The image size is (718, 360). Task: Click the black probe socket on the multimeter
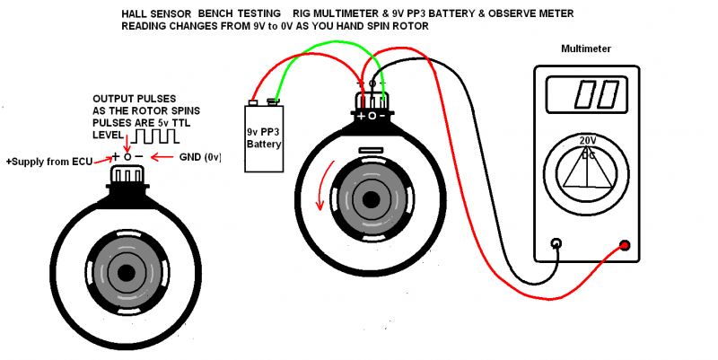(556, 242)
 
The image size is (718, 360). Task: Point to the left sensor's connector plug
(127, 179)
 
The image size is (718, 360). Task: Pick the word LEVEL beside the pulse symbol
(109, 135)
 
